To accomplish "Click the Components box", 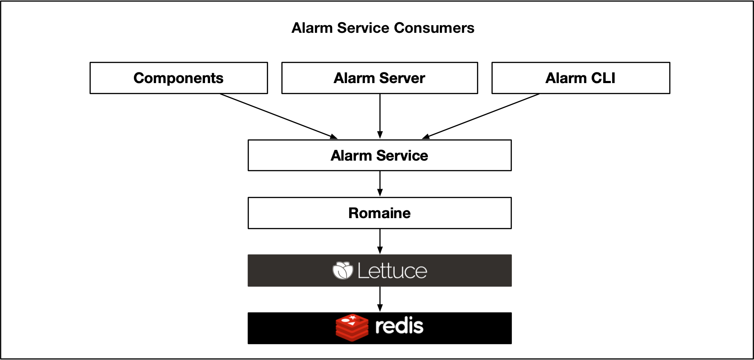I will tap(179, 78).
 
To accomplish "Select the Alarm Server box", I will tap(379, 78).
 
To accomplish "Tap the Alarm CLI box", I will tap(581, 78).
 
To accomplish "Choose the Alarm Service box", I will tap(379, 156).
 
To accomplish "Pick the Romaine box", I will tap(379, 213).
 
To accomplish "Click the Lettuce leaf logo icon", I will tap(343, 271).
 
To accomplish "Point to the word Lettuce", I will tap(392, 271).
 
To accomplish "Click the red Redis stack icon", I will tap(352, 328).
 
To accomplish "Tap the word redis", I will tap(399, 326).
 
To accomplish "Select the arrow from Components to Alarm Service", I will tap(279, 116).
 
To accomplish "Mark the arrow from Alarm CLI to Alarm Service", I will tap(481, 116).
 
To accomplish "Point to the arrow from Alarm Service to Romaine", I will tap(380, 184).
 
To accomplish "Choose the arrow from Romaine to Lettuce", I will tap(380, 241).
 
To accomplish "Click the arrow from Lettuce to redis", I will tap(380, 299).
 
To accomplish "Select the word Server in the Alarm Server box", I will tap(402, 78).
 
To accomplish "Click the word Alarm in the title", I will tap(312, 28).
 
